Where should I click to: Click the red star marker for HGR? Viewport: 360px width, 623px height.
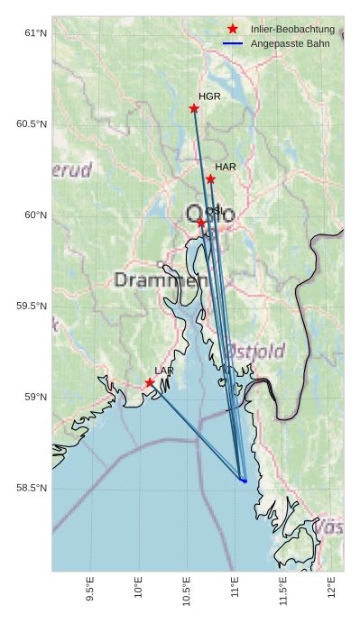(194, 108)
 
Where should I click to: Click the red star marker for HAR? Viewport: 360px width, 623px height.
(210, 179)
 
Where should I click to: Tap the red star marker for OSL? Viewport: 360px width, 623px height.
(201, 222)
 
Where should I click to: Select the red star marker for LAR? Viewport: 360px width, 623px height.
(150, 382)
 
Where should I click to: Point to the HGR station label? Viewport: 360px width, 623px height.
(209, 96)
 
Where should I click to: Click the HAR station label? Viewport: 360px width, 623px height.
(226, 167)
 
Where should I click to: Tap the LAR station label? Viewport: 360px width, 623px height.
(164, 371)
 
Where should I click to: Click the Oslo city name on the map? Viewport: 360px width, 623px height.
(205, 215)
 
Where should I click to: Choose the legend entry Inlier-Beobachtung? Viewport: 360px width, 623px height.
(292, 30)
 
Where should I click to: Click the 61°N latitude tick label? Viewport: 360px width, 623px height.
(35, 33)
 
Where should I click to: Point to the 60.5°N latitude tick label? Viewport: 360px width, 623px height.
(32, 124)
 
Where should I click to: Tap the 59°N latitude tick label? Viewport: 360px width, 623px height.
(35, 397)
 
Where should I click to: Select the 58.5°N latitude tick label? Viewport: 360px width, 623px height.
(32, 488)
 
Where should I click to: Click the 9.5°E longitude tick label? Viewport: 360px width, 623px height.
(90, 587)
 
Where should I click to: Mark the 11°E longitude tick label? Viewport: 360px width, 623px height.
(235, 585)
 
